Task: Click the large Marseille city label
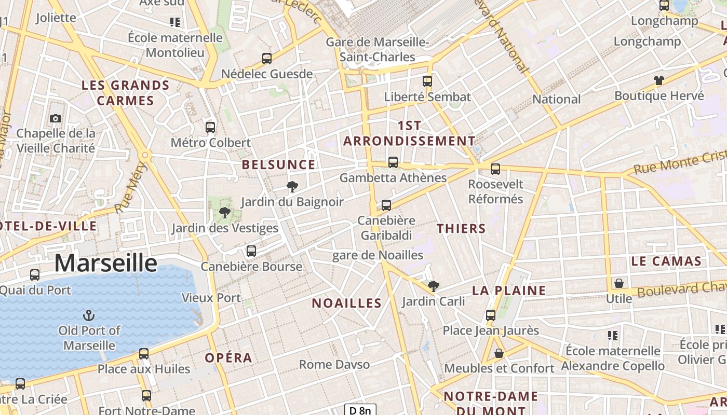point(105,263)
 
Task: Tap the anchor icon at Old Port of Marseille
point(89,315)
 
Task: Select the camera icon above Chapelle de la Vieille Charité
point(56,119)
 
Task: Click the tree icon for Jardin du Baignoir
point(292,187)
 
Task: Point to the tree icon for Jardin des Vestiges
point(225,213)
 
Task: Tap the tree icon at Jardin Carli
point(433,286)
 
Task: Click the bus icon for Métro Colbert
point(210,127)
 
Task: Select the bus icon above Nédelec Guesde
point(267,59)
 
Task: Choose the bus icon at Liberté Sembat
point(427,81)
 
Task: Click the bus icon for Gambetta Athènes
point(393,162)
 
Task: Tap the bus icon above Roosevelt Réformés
point(495,169)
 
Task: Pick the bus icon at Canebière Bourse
point(251,251)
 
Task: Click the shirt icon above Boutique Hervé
point(658,80)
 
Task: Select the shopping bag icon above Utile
point(618,283)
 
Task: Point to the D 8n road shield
point(360,410)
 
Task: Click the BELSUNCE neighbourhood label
point(278,165)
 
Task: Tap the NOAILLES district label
point(346,303)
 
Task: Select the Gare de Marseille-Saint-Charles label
point(377,49)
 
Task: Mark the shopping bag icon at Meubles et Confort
point(499,353)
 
